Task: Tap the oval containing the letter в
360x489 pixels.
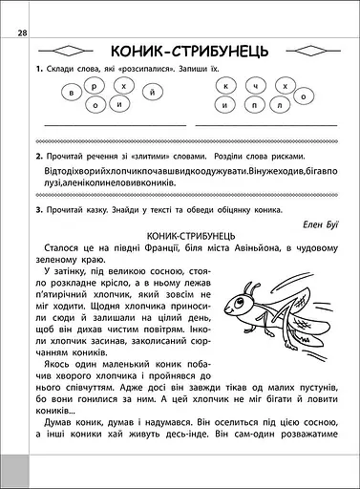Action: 74,93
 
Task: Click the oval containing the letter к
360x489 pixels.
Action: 226,87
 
